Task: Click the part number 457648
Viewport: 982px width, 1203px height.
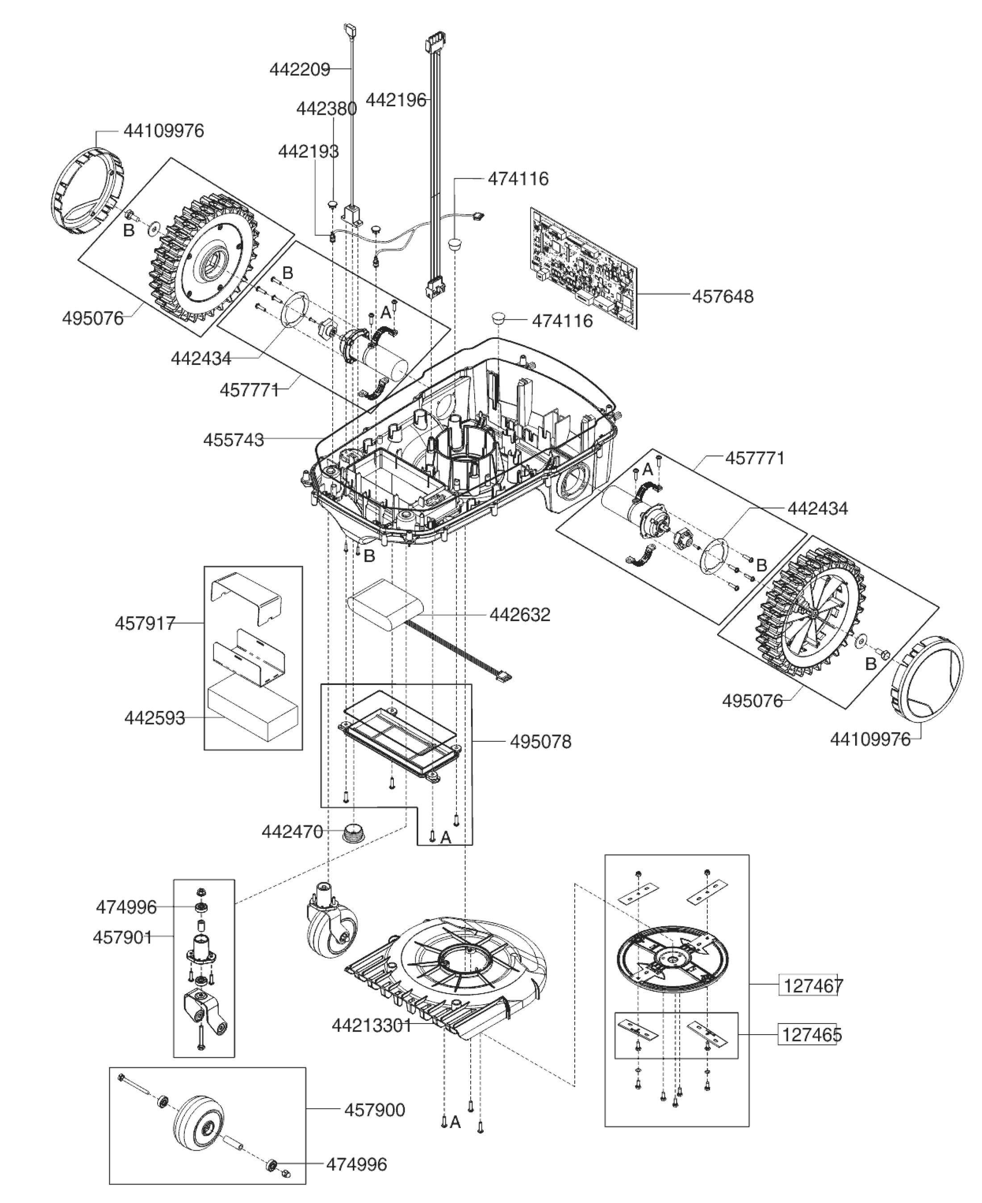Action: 723,297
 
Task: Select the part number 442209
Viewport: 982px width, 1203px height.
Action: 299,70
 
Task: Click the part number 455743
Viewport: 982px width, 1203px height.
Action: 234,439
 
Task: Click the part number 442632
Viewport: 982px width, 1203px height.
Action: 519,615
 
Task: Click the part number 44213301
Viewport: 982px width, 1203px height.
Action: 372,1025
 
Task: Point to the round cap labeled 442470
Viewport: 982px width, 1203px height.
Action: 355,832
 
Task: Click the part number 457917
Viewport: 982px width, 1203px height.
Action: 145,623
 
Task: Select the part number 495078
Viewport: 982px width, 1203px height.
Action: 540,741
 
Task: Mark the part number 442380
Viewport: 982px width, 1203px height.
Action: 326,109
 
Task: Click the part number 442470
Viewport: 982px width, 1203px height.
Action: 292,832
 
